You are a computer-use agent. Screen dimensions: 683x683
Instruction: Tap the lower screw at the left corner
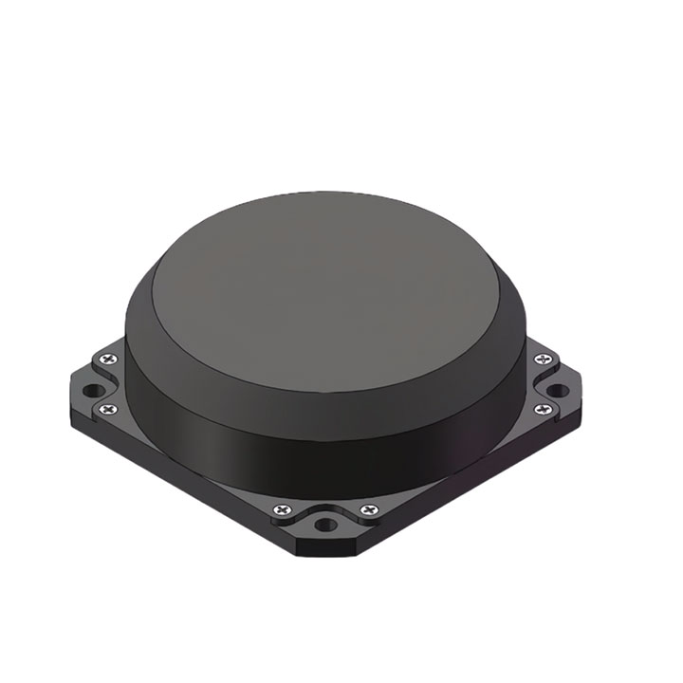[x=105, y=408]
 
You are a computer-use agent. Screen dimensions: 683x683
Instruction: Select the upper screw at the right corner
[x=542, y=359]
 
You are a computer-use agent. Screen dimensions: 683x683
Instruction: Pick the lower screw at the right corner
[x=543, y=409]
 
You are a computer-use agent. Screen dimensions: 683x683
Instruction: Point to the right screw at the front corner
[x=368, y=511]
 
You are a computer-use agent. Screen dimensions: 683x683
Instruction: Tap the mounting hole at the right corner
[x=560, y=389]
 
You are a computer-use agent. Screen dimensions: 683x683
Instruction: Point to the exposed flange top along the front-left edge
[x=190, y=455]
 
